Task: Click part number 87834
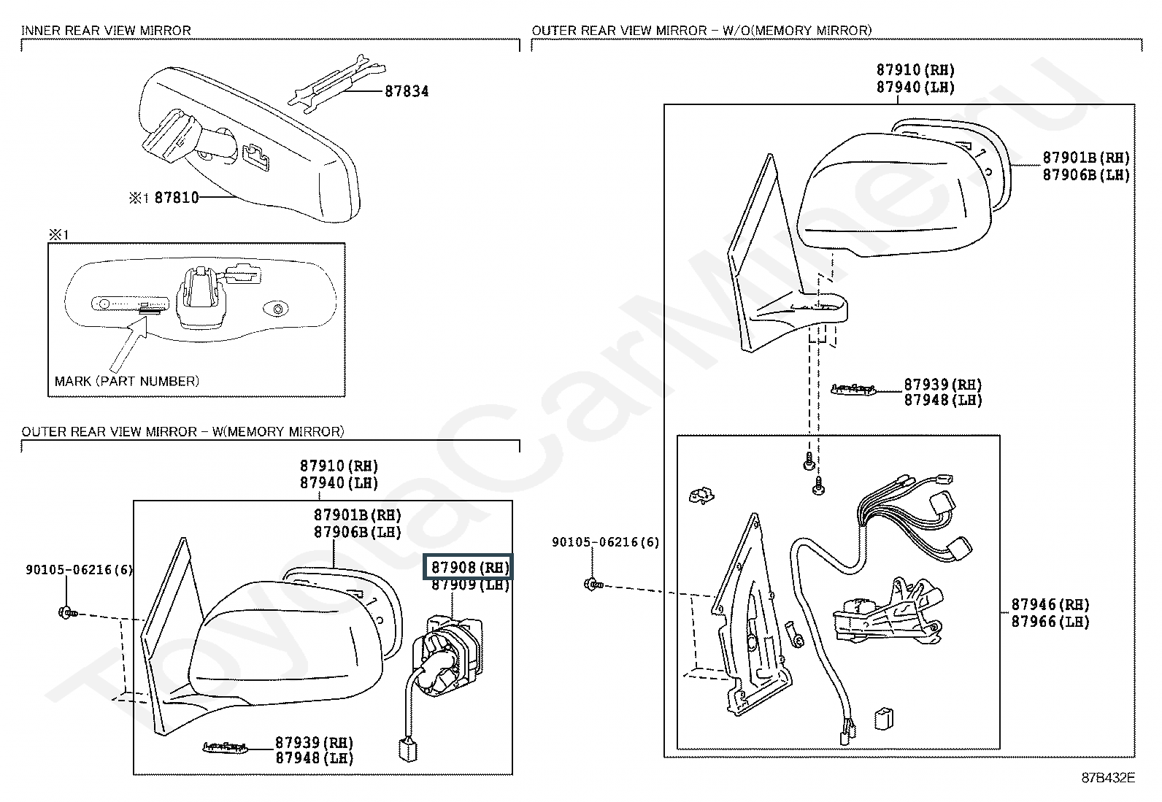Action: click(x=407, y=91)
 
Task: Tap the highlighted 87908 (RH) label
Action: click(x=469, y=567)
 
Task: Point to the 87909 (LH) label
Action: click(x=470, y=585)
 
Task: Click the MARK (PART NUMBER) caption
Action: click(x=126, y=381)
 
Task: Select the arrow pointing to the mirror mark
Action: click(x=128, y=344)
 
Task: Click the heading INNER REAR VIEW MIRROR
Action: click(x=106, y=31)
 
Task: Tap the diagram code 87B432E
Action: click(x=1108, y=778)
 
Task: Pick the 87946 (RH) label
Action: click(x=1050, y=604)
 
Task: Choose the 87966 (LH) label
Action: click(x=1050, y=622)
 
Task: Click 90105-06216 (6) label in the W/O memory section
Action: click(x=605, y=542)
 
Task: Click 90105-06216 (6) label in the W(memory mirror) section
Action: click(x=80, y=570)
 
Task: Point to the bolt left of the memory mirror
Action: click(x=68, y=613)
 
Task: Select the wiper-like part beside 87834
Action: click(x=337, y=83)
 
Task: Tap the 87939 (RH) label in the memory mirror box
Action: click(x=314, y=742)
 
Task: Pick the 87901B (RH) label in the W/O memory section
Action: click(x=1086, y=158)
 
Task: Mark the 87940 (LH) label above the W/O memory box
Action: click(x=915, y=87)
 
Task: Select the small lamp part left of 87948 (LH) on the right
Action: click(x=853, y=388)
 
